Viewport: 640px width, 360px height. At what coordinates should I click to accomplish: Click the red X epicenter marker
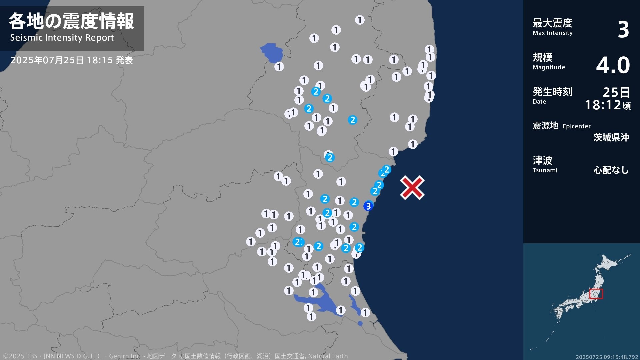(x=412, y=188)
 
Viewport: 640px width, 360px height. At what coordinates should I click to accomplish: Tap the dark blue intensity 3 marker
(x=368, y=206)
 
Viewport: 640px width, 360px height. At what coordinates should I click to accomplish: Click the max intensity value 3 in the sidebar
(x=623, y=29)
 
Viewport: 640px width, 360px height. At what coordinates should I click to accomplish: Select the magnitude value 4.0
(x=613, y=65)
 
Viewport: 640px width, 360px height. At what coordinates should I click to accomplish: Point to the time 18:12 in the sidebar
(x=603, y=105)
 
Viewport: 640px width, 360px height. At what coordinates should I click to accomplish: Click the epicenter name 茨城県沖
(x=611, y=137)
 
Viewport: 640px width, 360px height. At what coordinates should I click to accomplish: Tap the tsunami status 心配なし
(x=611, y=170)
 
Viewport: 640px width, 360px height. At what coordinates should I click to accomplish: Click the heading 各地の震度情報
(x=71, y=21)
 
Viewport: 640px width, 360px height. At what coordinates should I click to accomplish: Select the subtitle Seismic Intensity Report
(x=62, y=38)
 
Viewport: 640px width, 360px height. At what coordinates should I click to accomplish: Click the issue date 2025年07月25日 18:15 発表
(x=71, y=60)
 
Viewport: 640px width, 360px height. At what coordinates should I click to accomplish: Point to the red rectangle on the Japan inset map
(x=596, y=294)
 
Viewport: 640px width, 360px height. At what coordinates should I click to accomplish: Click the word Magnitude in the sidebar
(x=549, y=67)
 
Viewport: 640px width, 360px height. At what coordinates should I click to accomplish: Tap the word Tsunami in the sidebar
(x=545, y=170)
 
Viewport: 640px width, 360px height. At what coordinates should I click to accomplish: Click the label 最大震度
(x=552, y=23)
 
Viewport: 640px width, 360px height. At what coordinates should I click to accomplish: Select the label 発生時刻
(x=552, y=91)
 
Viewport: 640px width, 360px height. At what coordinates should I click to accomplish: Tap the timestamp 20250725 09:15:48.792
(x=607, y=357)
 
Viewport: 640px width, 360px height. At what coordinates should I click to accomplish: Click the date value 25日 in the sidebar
(x=616, y=92)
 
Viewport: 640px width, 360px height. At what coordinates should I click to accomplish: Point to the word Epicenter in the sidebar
(x=576, y=126)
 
